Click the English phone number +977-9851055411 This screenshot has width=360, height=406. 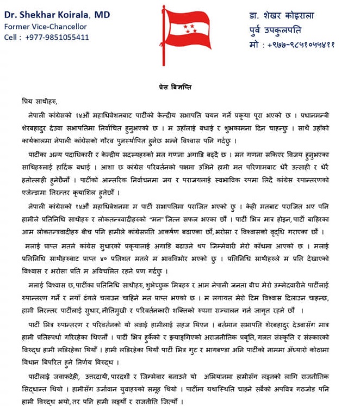57,37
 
